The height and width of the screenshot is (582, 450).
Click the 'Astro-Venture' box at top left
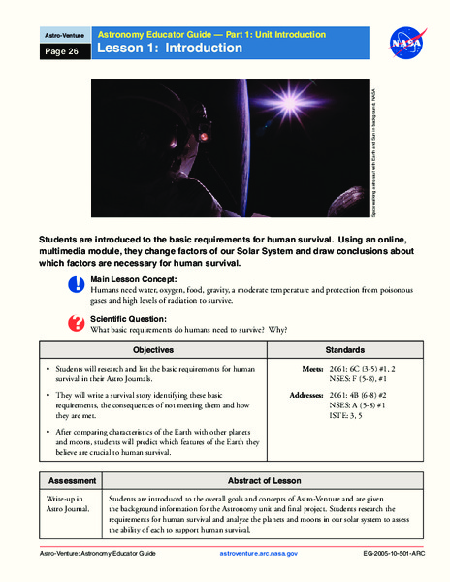pos(57,35)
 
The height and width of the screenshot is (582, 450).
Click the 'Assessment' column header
pos(66,480)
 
